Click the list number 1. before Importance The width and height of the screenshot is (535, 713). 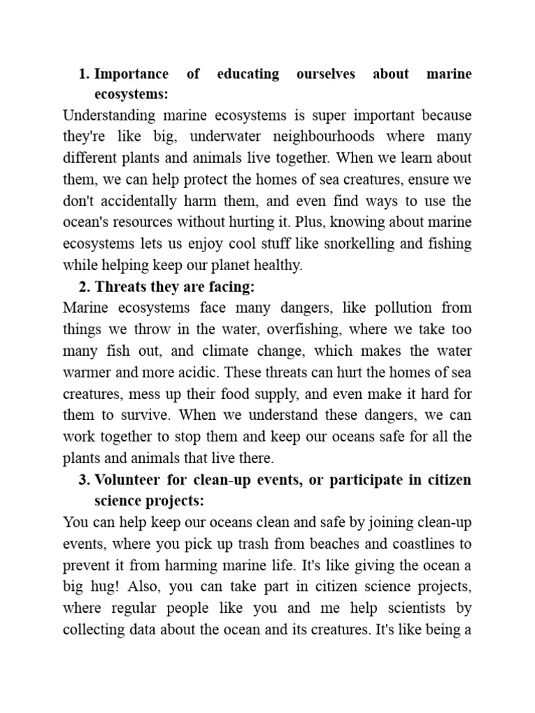[x=84, y=74]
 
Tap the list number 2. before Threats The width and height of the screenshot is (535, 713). [x=84, y=286]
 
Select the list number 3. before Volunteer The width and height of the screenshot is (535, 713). [x=84, y=480]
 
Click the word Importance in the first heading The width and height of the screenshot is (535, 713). [x=131, y=74]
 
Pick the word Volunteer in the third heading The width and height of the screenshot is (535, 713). [x=127, y=480]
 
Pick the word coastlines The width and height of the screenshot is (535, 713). [x=415, y=544]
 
